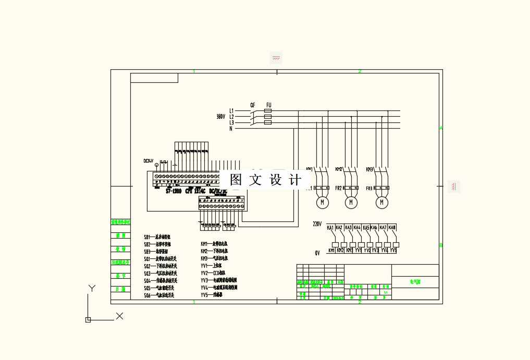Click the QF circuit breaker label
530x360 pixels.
[253, 105]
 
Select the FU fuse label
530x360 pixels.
[268, 105]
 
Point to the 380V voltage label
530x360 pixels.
[221, 117]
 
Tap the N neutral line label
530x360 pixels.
[231, 128]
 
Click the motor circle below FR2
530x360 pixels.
[351, 202]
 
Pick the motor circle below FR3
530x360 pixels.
[382, 202]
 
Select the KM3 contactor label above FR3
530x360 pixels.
[369, 169]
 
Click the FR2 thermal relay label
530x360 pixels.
[339, 188]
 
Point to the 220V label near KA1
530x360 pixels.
[317, 224]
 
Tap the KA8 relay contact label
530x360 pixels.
[392, 228]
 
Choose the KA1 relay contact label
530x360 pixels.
[330, 228]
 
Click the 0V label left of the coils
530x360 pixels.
[317, 253]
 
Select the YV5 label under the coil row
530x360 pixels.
[393, 251]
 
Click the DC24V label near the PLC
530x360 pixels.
[149, 161]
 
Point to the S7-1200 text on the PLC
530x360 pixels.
[174, 191]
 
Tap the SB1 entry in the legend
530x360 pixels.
[147, 237]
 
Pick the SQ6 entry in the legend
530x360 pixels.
[147, 295]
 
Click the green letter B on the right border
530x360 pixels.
[441, 245]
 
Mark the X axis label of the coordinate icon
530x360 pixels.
[119, 316]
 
